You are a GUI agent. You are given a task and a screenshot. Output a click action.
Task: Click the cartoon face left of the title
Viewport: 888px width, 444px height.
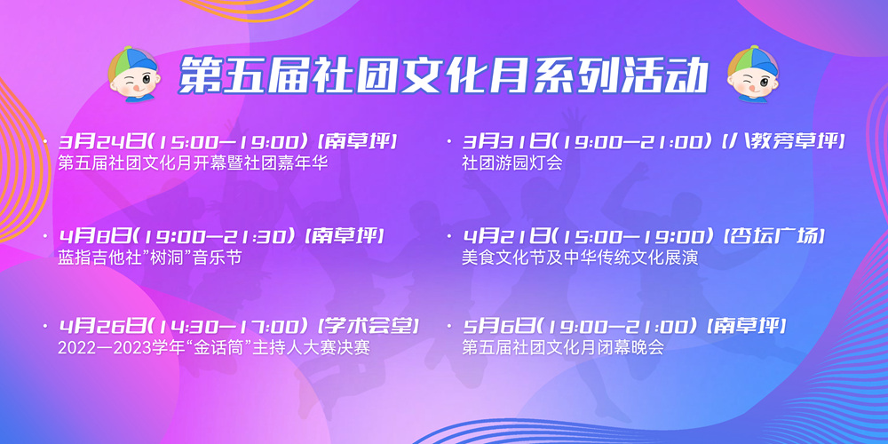[x=134, y=75]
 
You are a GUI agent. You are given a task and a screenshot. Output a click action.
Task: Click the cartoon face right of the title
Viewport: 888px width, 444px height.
[x=753, y=75]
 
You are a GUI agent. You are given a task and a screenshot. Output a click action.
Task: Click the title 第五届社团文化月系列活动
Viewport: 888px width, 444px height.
[x=444, y=75]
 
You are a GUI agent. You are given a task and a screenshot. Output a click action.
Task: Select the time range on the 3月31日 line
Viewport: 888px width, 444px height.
[x=634, y=141]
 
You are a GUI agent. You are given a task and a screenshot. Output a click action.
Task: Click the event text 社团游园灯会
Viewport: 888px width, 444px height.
[x=512, y=163]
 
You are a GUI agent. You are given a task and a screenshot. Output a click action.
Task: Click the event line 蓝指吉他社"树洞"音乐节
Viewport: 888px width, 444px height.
[x=150, y=258]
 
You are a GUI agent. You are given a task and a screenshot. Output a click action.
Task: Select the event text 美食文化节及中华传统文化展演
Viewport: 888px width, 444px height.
[x=581, y=258]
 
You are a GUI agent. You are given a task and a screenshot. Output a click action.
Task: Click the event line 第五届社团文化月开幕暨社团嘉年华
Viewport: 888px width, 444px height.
[x=193, y=163]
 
